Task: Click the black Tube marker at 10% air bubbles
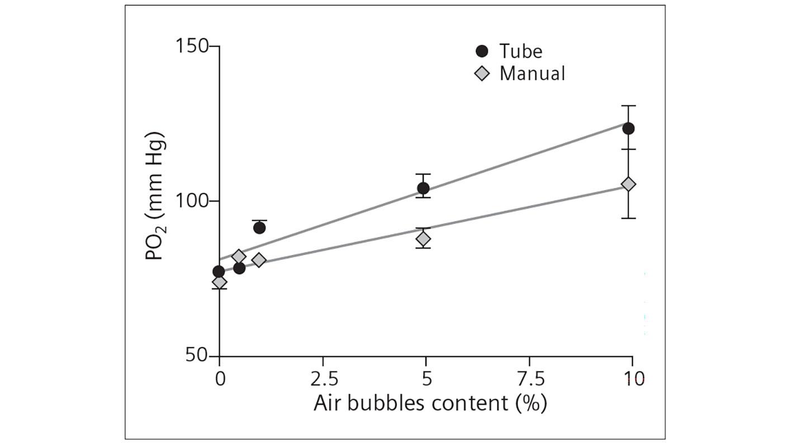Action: point(628,129)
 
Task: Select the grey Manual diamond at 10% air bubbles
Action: point(628,184)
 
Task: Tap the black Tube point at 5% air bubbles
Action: point(423,188)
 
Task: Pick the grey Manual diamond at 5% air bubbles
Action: point(423,239)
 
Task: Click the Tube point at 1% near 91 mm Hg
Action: point(259,228)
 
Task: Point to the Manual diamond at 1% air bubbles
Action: point(259,260)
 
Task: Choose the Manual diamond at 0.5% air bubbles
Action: point(239,257)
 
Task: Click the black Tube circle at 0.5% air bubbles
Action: point(239,268)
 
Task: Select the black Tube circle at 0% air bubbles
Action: point(219,272)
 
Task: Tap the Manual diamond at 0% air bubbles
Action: point(219,282)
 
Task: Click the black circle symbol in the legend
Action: point(481,51)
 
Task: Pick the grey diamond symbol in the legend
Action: point(481,73)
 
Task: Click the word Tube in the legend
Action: point(520,51)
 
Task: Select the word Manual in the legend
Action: point(532,73)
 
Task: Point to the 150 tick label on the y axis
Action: point(192,46)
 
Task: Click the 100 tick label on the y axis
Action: point(192,201)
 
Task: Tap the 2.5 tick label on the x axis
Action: point(324,380)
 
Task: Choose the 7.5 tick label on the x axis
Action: point(530,380)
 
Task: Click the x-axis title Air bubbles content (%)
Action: point(429,403)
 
